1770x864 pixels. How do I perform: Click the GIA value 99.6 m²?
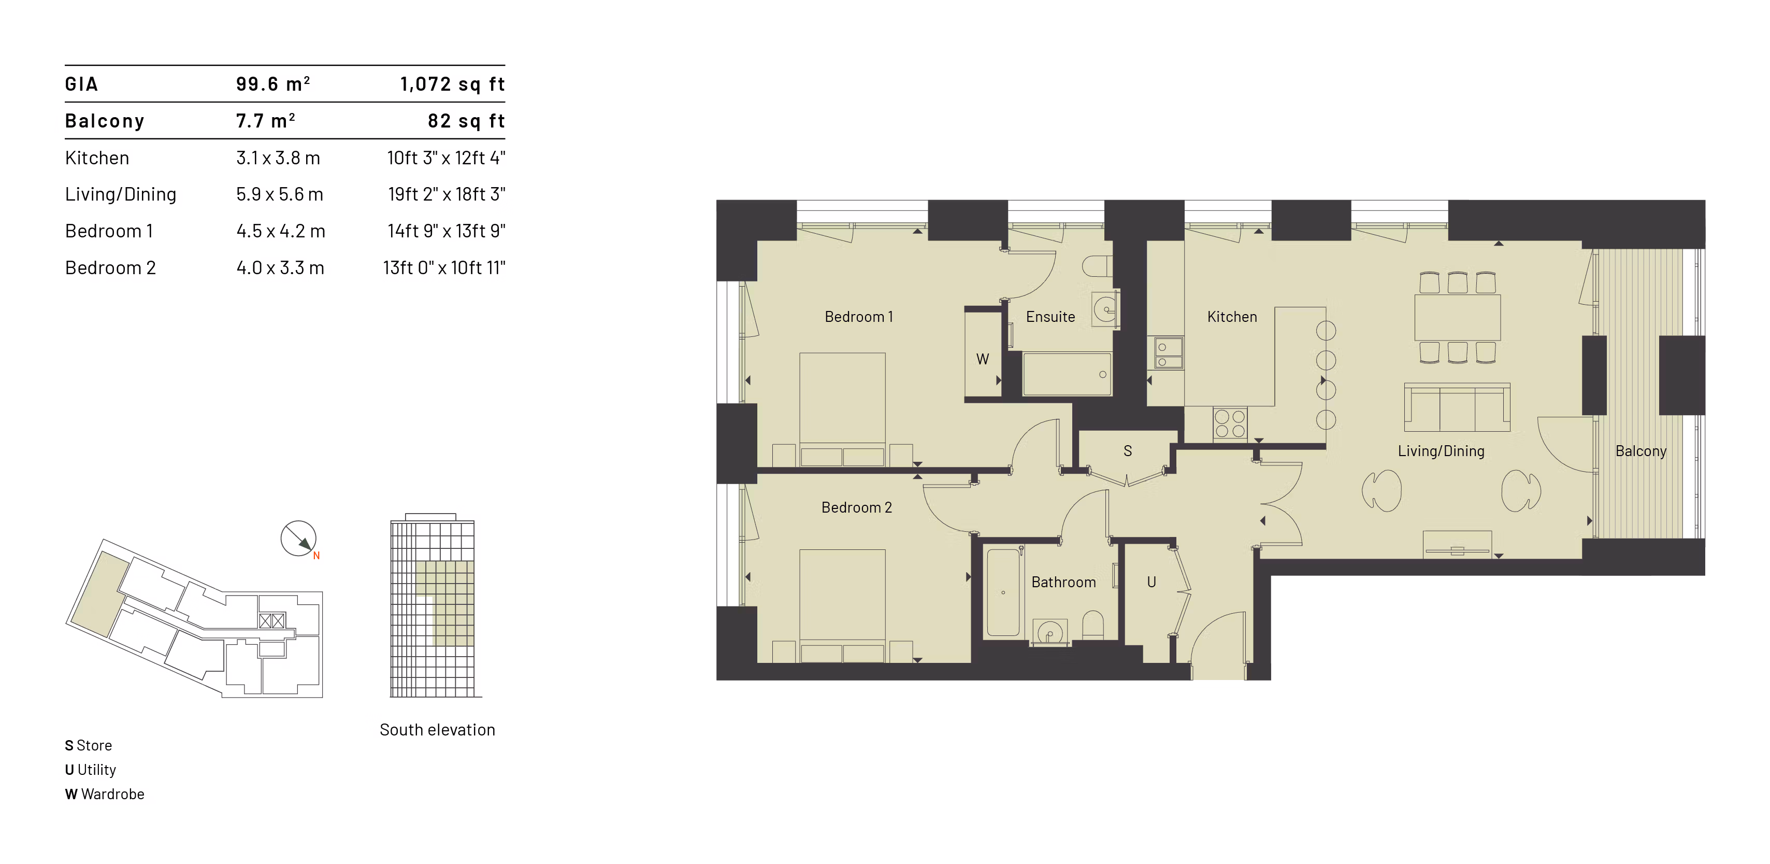pyautogui.click(x=273, y=84)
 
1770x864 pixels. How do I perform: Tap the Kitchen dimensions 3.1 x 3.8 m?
pyautogui.click(x=278, y=158)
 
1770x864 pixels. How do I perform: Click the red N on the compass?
pyautogui.click(x=316, y=556)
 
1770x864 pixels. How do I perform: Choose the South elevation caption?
pyautogui.click(x=437, y=729)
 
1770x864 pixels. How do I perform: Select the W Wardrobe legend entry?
pyautogui.click(x=105, y=794)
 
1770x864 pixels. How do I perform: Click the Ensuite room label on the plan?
pyautogui.click(x=1050, y=317)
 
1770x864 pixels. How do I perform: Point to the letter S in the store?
pyautogui.click(x=1128, y=451)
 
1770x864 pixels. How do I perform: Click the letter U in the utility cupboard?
pyautogui.click(x=1152, y=582)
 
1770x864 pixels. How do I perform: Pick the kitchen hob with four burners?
pyautogui.click(x=1230, y=423)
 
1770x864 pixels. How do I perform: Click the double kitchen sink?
pyautogui.click(x=1168, y=353)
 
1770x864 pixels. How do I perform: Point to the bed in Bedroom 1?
pyautogui.click(x=842, y=409)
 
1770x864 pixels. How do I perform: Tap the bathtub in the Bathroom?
pyautogui.click(x=1003, y=592)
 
